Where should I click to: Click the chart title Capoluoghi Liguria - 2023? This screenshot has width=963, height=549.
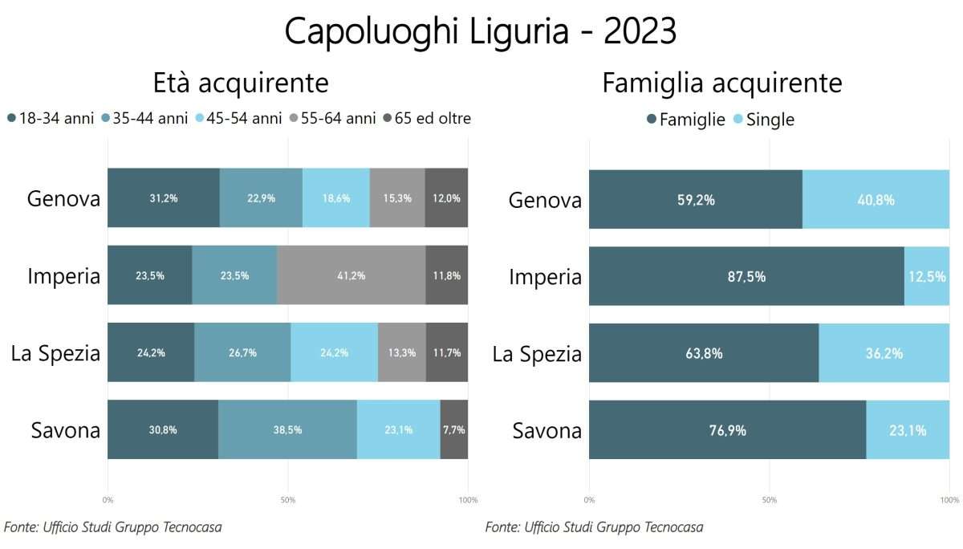coord(481,32)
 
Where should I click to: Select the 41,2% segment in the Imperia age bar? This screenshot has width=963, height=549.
coord(351,275)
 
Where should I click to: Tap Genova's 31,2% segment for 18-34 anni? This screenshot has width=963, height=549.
coord(164,198)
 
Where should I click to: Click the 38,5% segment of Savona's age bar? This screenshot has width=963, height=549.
coord(287,429)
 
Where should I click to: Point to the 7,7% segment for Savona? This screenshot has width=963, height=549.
coord(453,429)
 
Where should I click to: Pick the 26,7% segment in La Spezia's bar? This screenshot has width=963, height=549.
coord(242,352)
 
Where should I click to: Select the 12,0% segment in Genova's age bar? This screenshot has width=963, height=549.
coord(446,198)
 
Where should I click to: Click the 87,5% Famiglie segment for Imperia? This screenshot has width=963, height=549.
coord(746,276)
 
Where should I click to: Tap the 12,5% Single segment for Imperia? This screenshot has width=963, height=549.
coord(927,276)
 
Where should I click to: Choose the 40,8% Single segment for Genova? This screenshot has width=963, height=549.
coord(876,199)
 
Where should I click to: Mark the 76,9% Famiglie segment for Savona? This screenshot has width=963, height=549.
coord(727,430)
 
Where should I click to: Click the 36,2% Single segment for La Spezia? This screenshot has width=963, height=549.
coord(884,353)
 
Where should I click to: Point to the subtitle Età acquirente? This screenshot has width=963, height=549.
coord(241,83)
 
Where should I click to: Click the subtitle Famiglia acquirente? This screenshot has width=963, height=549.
coord(722,83)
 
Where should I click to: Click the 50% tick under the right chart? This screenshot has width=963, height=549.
coord(769,500)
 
